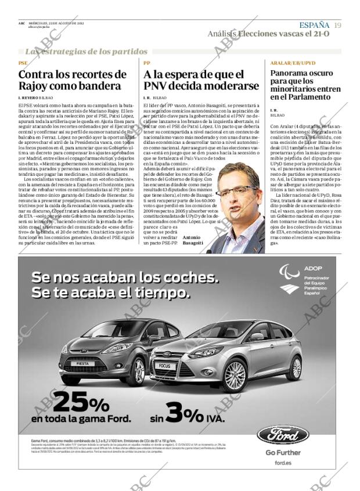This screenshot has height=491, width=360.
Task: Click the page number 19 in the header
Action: [337, 25]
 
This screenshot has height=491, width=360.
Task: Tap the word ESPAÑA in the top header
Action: [314, 25]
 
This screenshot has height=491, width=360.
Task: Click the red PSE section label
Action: [23, 63]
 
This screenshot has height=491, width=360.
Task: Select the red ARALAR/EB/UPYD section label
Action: [293, 63]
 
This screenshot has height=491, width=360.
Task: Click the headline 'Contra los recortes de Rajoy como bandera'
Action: [73, 80]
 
